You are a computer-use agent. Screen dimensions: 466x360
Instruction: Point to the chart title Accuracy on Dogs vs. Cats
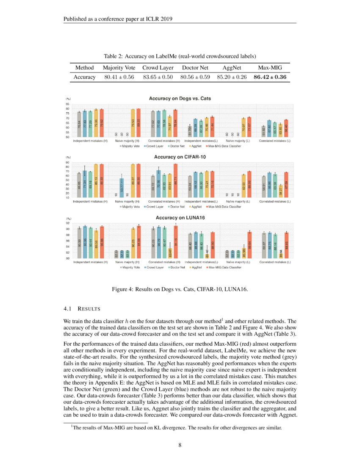[x=180, y=98]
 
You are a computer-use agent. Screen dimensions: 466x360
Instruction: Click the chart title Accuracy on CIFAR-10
[x=180, y=157]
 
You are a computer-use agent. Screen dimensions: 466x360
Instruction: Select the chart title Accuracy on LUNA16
[x=180, y=217]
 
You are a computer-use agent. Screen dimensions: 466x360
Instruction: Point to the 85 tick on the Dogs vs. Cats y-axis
[x=67, y=104]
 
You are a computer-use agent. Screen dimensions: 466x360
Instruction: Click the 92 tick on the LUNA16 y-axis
[x=67, y=223]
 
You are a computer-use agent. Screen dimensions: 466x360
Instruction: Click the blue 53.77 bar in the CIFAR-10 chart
[x=122, y=188]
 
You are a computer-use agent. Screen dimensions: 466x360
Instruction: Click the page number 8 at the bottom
[x=180, y=445]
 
